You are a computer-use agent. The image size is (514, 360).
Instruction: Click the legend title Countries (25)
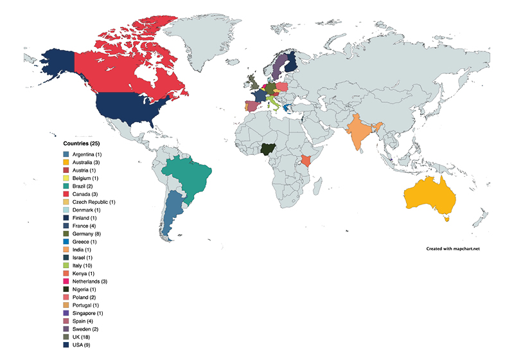[x=81, y=143]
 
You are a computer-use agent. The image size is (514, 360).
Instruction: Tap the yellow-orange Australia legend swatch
[x=66, y=165]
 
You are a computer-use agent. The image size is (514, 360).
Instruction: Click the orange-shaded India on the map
[x=363, y=132]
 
